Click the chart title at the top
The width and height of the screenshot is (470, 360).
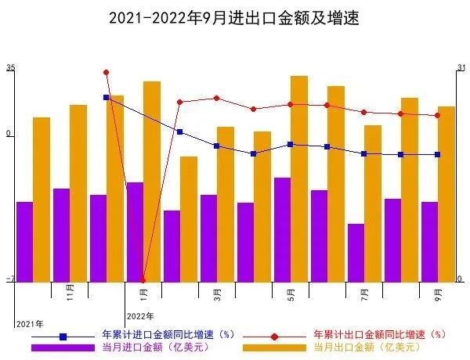pos(234,17)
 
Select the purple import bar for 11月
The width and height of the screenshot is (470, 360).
pos(61,234)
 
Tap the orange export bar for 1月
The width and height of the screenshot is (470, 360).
pos(152,181)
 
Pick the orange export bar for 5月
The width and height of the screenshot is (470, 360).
pos(298,178)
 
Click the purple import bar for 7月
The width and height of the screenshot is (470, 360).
pos(356,252)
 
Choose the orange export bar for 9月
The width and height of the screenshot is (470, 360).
pos(446,193)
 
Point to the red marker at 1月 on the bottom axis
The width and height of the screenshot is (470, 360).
pos(143,280)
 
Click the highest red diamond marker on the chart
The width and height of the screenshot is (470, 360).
pos(106,73)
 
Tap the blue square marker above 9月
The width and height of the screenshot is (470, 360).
pos(437,154)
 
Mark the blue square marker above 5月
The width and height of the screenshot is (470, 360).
pos(291,144)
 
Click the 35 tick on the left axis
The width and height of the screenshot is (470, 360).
pos(10,68)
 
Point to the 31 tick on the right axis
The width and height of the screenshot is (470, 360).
pos(461,68)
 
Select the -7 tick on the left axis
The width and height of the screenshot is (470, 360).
pos(10,280)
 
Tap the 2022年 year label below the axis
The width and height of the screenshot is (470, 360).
pos(140,315)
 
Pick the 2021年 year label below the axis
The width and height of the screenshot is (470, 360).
pos(30,323)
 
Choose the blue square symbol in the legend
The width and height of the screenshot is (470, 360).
pos(63,336)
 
